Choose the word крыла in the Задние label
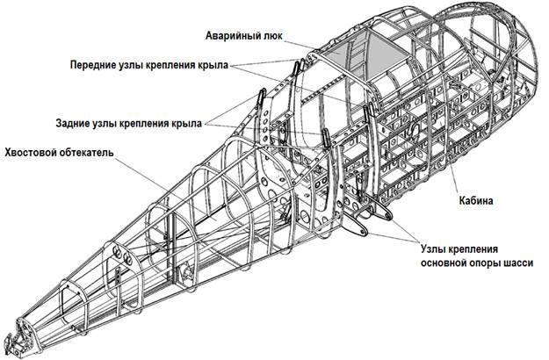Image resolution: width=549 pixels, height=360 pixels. point(185,121)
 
